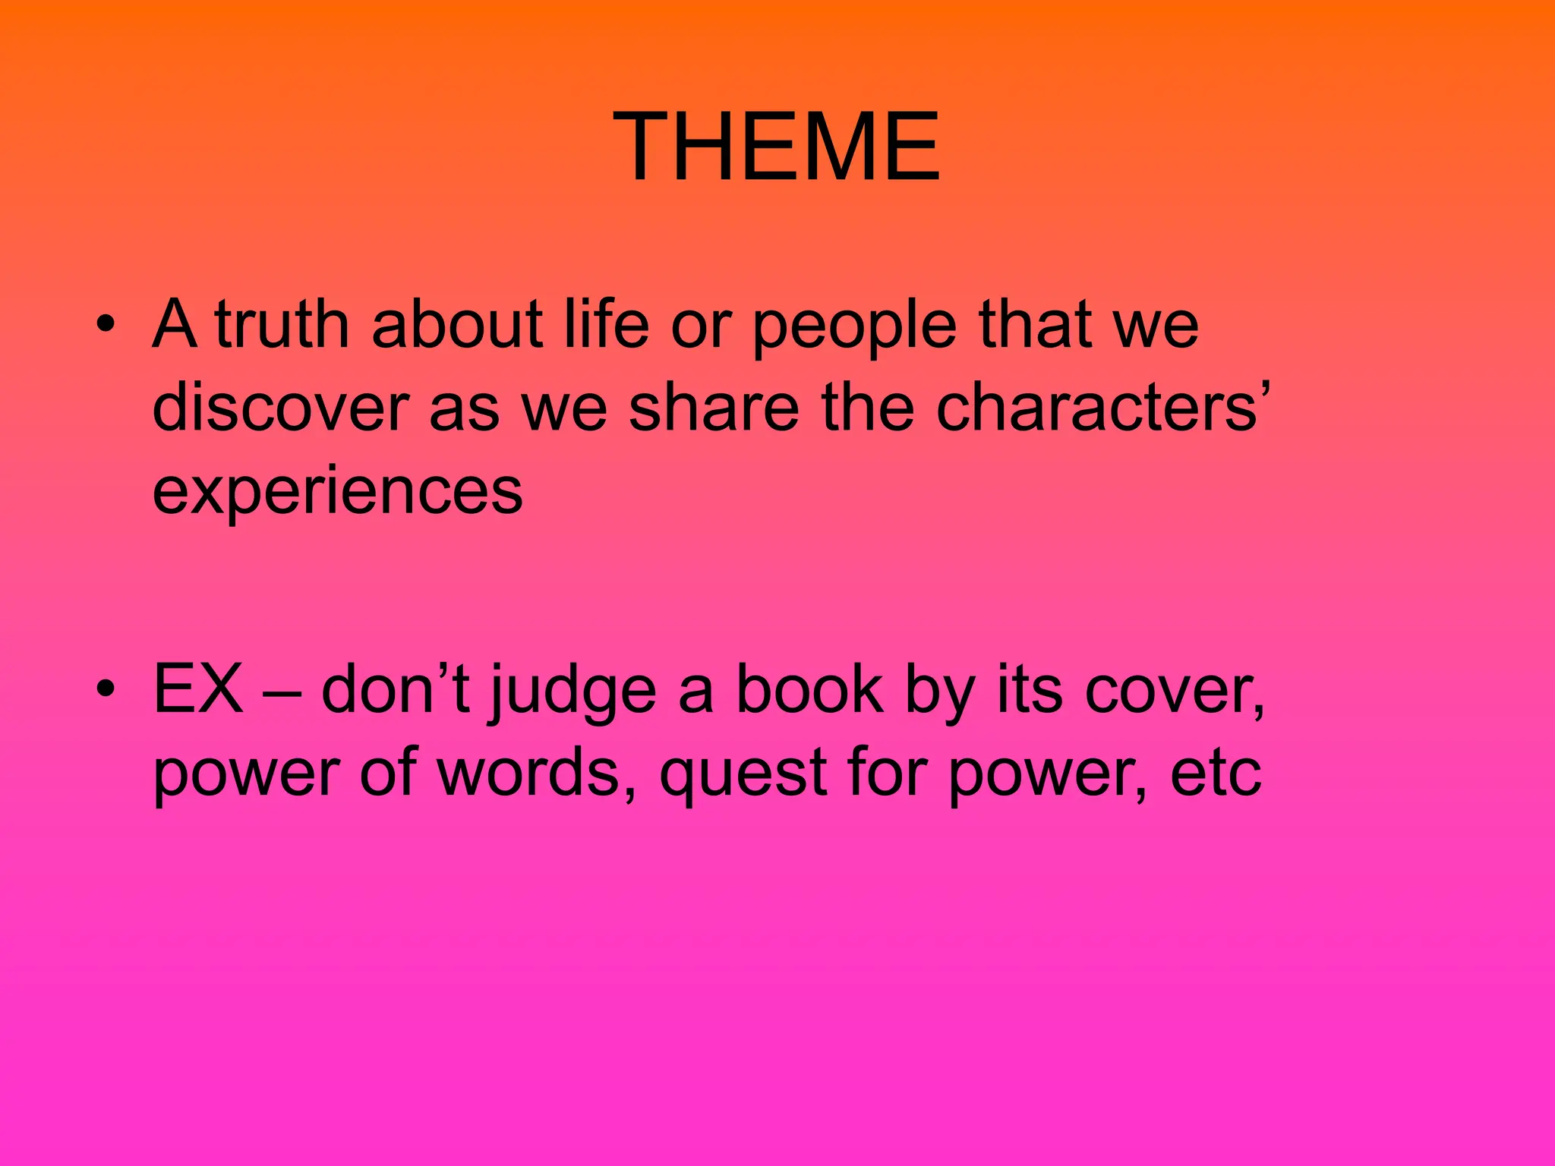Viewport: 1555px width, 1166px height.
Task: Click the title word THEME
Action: [777, 146]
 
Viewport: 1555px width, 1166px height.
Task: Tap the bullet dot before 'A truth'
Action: [106, 326]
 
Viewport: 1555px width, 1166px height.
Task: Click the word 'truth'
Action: [282, 325]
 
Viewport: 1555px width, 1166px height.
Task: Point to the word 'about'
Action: [457, 325]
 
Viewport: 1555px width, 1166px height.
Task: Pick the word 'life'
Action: [606, 325]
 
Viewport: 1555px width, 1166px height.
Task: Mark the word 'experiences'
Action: [338, 493]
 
